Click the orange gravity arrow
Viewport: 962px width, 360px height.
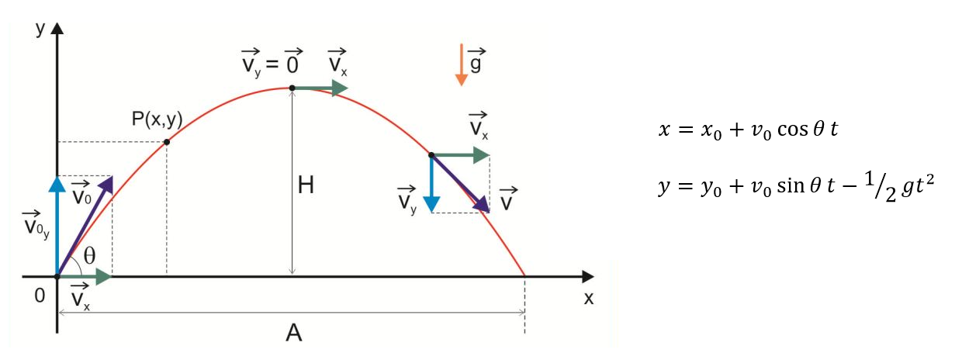tap(462, 64)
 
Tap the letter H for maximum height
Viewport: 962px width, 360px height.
tap(306, 186)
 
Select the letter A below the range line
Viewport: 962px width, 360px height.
tap(293, 334)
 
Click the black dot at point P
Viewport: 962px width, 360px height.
tap(167, 142)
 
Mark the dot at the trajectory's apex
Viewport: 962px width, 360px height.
tap(292, 88)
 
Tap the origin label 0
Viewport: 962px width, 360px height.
tap(40, 296)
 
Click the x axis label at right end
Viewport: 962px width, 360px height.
tap(588, 299)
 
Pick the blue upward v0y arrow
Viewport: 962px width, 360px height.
tap(57, 225)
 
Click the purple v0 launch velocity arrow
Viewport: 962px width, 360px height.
tap(85, 225)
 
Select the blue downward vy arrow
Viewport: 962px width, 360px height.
tap(431, 183)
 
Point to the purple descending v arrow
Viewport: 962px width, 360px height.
tap(461, 184)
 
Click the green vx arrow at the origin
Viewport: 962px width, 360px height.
tap(85, 275)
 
